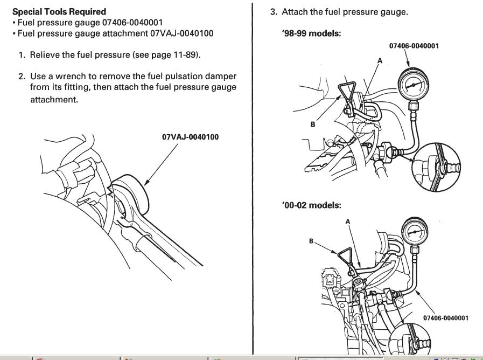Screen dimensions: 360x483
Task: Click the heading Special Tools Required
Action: point(59,11)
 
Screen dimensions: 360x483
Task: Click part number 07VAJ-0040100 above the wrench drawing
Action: point(190,137)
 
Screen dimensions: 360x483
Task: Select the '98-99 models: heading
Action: point(312,35)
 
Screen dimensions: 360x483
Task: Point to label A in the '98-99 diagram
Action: point(379,60)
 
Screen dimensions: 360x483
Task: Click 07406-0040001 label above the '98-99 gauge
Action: point(413,46)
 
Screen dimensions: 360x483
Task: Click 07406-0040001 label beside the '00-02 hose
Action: point(445,318)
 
